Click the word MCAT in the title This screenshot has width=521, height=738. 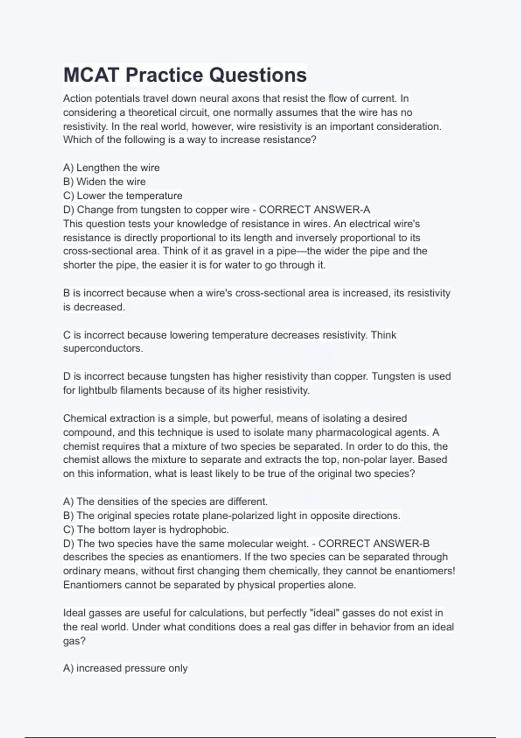pos(91,75)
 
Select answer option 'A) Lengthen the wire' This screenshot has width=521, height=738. pos(111,168)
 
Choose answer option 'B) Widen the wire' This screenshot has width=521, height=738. pos(104,181)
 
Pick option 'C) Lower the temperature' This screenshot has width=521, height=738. pos(122,196)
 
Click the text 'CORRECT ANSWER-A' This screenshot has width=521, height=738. pos(314,210)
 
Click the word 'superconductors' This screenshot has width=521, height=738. pos(102,349)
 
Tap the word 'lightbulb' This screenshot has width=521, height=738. pos(98,390)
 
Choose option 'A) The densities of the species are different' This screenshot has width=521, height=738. pos(165,502)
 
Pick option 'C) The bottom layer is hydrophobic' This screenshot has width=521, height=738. pos(145,530)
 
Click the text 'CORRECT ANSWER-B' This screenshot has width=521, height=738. pos(374,544)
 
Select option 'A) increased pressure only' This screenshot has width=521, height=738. pos(125,668)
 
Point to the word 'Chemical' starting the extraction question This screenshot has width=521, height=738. pos(85,418)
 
